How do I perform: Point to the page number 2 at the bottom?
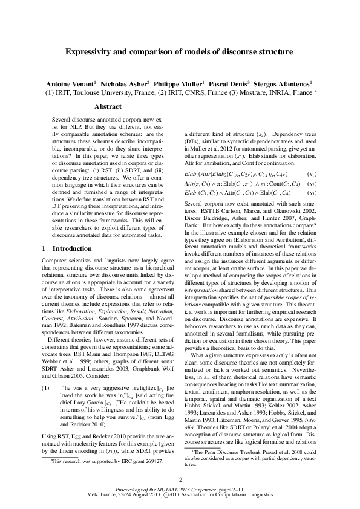pos(180,479)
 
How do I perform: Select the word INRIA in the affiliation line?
pos(276,93)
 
